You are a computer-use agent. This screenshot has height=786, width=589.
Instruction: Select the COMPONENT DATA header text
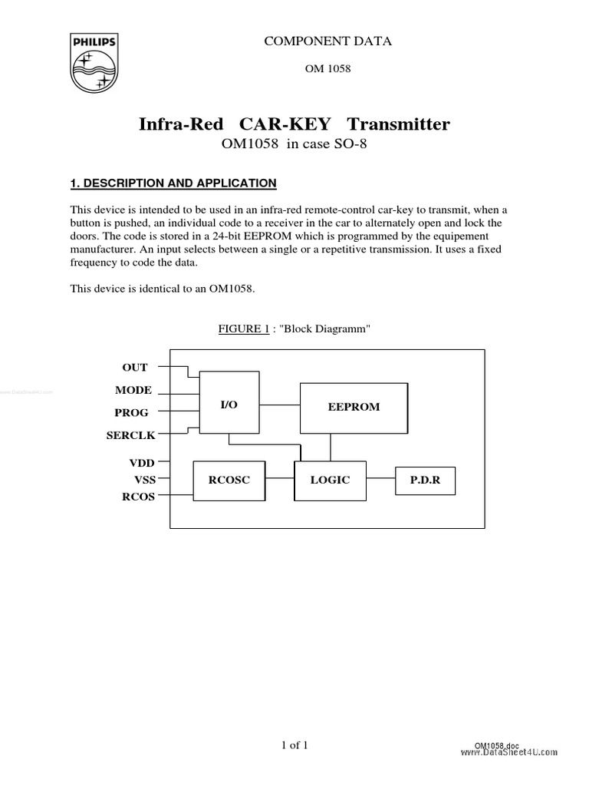(x=327, y=41)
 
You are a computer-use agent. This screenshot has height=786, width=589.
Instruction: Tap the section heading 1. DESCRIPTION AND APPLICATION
(x=173, y=183)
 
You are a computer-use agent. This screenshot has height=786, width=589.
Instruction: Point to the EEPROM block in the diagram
(x=353, y=407)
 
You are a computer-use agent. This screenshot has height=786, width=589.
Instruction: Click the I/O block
(x=229, y=404)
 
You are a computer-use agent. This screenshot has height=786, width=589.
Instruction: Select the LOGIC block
(x=330, y=480)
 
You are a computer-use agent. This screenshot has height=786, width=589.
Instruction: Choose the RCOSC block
(x=229, y=481)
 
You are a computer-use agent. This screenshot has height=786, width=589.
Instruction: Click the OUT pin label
(x=135, y=368)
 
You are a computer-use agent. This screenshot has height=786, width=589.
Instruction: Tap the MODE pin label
(x=133, y=391)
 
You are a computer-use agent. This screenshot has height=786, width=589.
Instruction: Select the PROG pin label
(x=131, y=413)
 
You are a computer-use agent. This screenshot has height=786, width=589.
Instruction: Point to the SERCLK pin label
(x=130, y=435)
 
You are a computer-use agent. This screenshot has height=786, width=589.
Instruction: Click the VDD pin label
(x=141, y=464)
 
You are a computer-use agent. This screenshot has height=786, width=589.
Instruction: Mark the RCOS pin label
(x=139, y=496)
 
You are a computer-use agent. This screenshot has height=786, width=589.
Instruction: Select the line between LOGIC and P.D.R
(x=380, y=481)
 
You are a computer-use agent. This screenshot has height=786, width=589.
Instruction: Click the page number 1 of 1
(x=294, y=745)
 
